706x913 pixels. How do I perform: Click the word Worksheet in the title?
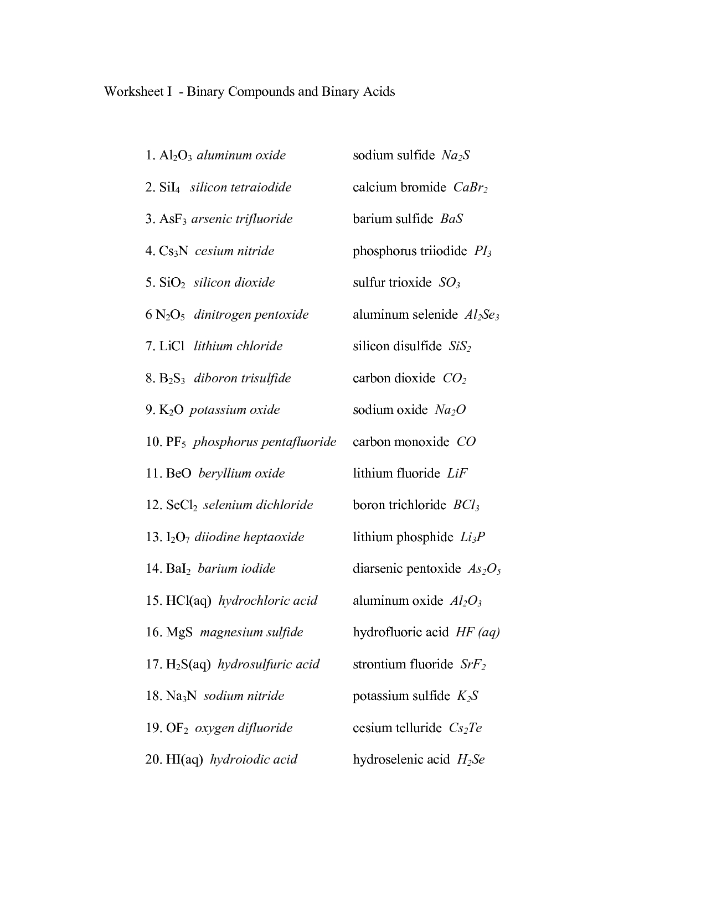[131, 91]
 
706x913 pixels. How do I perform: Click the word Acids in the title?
[379, 91]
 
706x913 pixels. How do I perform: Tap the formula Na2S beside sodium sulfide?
[456, 155]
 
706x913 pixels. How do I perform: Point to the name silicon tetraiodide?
[240, 187]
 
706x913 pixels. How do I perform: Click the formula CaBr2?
[470, 188]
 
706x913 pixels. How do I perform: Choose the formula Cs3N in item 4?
[174, 251]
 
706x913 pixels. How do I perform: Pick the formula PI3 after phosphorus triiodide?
[482, 251]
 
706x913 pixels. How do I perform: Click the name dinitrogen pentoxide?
[251, 315]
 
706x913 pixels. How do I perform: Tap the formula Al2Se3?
[482, 315]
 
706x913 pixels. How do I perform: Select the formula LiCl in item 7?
[172, 346]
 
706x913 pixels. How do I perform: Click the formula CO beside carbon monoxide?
[466, 442]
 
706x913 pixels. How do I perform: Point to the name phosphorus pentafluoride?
[265, 442]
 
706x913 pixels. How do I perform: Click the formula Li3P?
[473, 537]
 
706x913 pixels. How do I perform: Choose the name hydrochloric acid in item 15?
[268, 601]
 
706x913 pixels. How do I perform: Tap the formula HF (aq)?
[477, 632]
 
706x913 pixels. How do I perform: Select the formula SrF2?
[473, 665]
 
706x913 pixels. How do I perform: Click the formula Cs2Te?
[465, 728]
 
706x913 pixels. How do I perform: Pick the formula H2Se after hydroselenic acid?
[471, 760]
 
